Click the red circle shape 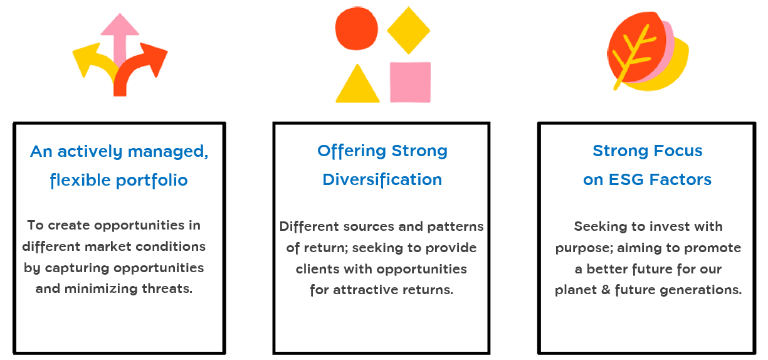(x=357, y=28)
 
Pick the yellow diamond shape (x=408, y=30)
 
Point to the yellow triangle (x=357, y=83)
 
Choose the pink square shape (x=411, y=82)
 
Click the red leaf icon (x=636, y=48)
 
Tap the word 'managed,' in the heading (x=168, y=152)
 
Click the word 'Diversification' (x=382, y=179)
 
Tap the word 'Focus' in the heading (x=678, y=151)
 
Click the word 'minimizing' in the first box (x=101, y=289)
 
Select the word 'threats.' (x=167, y=289)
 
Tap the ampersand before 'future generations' (x=606, y=289)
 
